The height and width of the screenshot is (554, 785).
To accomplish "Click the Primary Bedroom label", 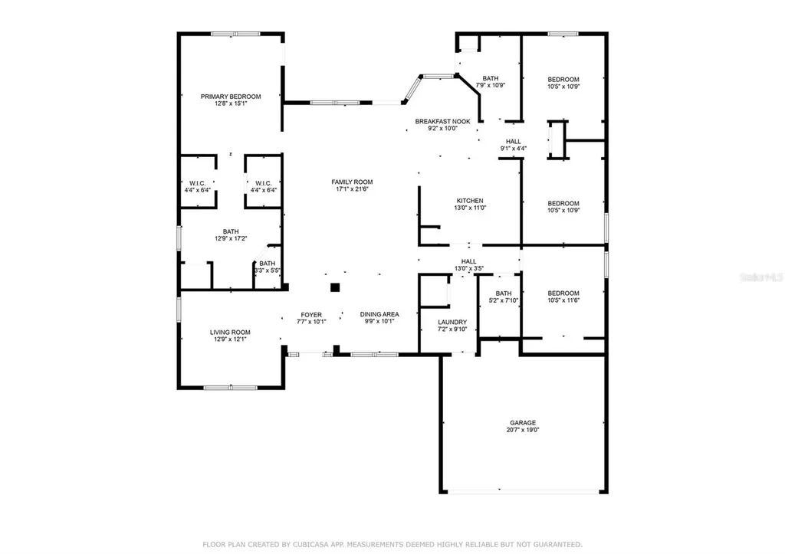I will [x=231, y=97].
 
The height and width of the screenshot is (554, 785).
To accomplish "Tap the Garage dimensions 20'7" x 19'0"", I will [x=523, y=431].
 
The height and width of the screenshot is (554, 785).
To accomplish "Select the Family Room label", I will [x=352, y=182].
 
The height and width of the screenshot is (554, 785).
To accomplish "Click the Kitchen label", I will [x=470, y=201].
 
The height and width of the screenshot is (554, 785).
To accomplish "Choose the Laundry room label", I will [x=452, y=322].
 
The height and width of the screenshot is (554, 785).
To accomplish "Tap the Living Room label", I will [x=230, y=332].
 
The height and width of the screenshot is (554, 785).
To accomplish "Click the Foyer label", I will [x=310, y=314].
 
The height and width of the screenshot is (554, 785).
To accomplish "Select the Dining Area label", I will [x=379, y=314].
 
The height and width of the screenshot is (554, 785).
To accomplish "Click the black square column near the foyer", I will [x=334, y=287].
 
